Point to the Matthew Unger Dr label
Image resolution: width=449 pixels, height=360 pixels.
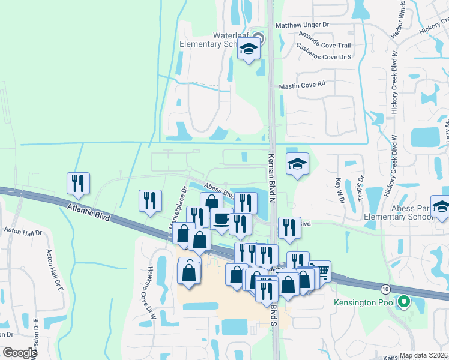303,25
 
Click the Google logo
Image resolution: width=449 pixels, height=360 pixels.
19,353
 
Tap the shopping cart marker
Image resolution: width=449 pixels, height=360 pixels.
320,271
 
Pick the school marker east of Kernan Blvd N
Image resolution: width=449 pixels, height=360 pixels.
297,164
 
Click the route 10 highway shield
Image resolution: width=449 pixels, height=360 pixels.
385,289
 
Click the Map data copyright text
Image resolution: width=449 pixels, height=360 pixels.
423,355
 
